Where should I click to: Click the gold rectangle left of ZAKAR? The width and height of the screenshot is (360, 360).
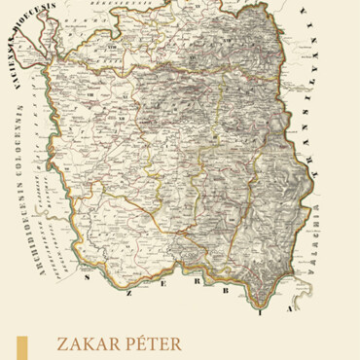(22, 348)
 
